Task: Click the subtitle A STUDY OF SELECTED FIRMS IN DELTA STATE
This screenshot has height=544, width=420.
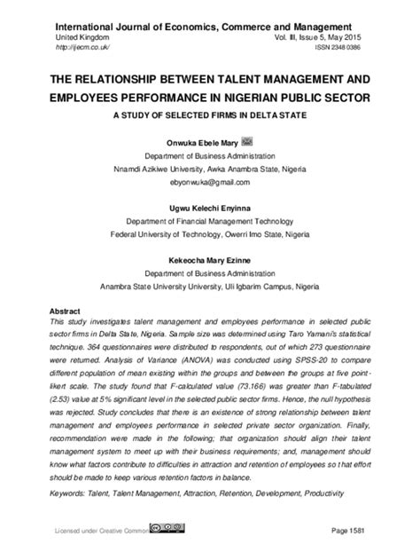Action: pyautogui.click(x=209, y=114)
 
